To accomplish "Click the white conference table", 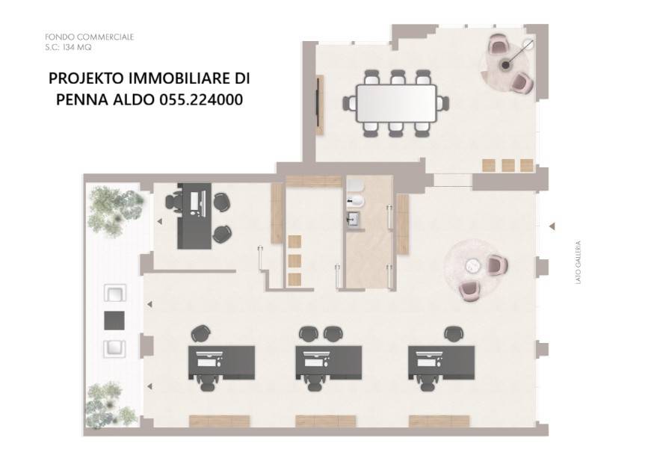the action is pyautogui.click(x=396, y=103).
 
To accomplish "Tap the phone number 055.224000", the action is pyautogui.click(x=201, y=99).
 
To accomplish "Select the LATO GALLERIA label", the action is pyautogui.click(x=579, y=262).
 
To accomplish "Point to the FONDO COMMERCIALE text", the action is pyautogui.click(x=89, y=37).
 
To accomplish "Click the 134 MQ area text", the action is pyautogui.click(x=77, y=47).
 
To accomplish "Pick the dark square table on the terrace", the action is pyautogui.click(x=114, y=321).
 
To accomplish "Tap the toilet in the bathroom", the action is pyautogui.click(x=356, y=201).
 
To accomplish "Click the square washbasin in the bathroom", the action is pyautogui.click(x=354, y=219).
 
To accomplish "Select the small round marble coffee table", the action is pyautogui.click(x=472, y=265).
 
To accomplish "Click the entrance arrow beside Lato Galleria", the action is pyautogui.click(x=552, y=226).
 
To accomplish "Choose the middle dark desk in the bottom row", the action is pyautogui.click(x=328, y=362).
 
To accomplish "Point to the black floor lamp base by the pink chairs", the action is pyautogui.click(x=506, y=65).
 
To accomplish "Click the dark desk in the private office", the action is pyautogui.click(x=194, y=216).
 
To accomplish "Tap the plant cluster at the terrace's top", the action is pyautogui.click(x=115, y=210).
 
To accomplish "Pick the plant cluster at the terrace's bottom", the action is pyautogui.click(x=110, y=405).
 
